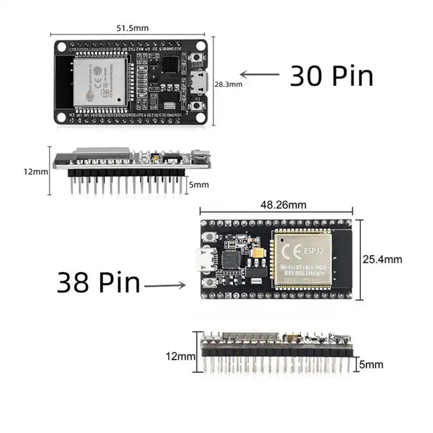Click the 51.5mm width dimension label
(x=133, y=28)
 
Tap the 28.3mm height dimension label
(x=228, y=84)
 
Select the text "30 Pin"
(x=332, y=76)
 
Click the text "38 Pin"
(x=99, y=283)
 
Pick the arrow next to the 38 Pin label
(x=166, y=284)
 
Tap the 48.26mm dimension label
(x=276, y=205)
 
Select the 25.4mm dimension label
(x=382, y=259)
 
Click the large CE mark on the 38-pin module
(x=288, y=251)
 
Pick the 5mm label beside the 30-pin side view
(x=199, y=185)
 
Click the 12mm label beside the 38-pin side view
(x=180, y=356)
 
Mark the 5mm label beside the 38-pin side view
(x=371, y=365)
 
